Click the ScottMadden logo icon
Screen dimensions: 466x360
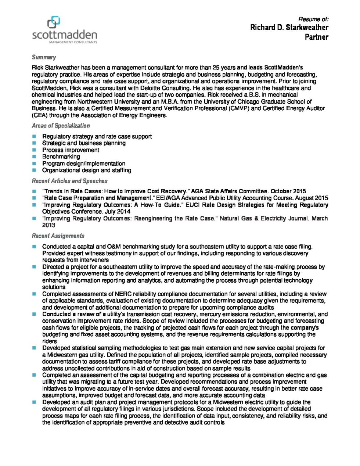click(x=54, y=22)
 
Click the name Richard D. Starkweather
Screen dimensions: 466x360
click(x=289, y=28)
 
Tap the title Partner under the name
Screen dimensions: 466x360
click(x=316, y=37)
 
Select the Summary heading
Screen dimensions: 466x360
click(x=44, y=57)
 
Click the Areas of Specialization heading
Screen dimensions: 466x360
click(x=61, y=126)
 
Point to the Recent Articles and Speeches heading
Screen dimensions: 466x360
click(x=69, y=181)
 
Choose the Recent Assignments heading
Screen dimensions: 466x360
click(x=58, y=236)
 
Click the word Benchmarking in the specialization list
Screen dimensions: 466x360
click(x=61, y=157)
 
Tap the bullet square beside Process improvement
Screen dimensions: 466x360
click(x=34, y=150)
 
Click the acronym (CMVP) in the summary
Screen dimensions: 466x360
click(x=239, y=108)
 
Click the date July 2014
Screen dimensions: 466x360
click(x=118, y=212)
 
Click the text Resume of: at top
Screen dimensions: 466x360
click(x=313, y=19)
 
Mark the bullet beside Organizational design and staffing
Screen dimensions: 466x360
click(x=34, y=170)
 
